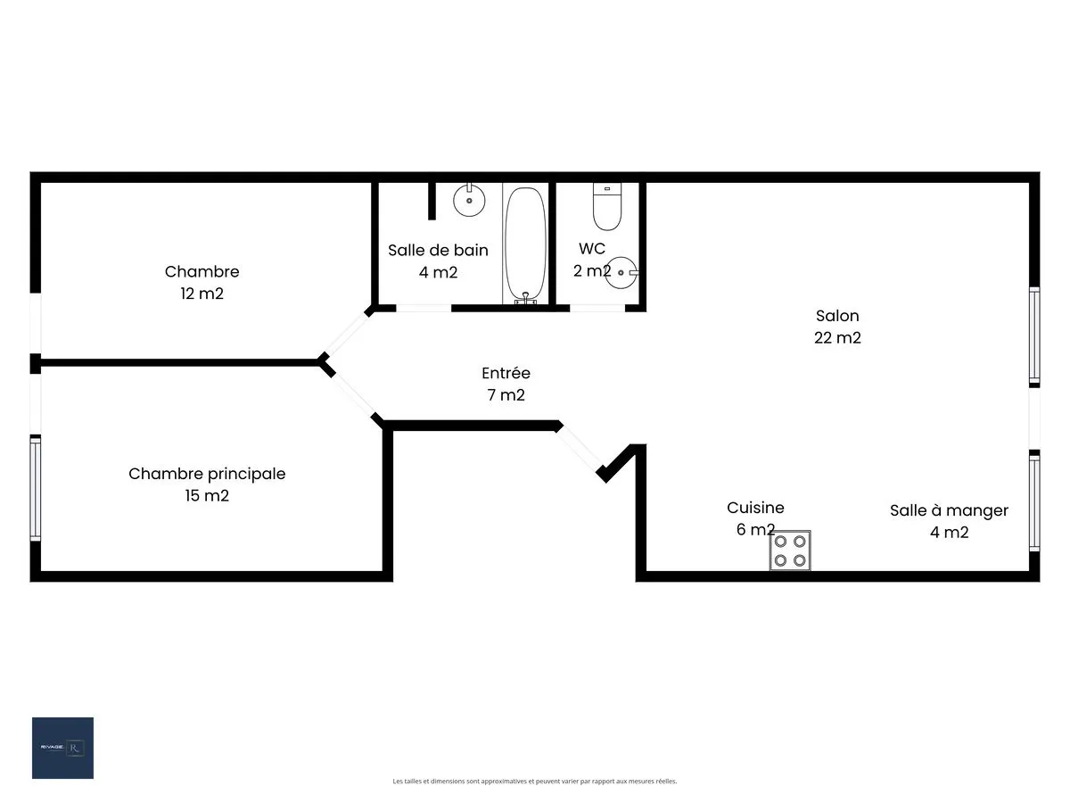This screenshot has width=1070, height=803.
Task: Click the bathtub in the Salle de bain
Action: click(x=526, y=244)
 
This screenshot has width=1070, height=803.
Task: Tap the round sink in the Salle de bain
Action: click(x=468, y=200)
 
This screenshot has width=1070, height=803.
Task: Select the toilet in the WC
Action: click(x=607, y=207)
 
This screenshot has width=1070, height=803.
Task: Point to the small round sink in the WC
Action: click(x=622, y=272)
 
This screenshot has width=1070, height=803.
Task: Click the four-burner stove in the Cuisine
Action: click(x=791, y=550)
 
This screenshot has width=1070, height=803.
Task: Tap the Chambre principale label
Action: click(x=207, y=474)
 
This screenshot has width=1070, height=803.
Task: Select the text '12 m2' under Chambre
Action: click(x=202, y=294)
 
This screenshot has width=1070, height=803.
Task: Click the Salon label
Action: click(x=837, y=316)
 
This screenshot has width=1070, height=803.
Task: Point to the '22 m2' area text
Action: click(x=837, y=338)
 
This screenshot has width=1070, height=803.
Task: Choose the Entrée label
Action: click(x=506, y=373)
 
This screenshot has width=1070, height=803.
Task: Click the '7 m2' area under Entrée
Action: click(x=506, y=395)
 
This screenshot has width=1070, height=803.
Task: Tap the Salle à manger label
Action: click(x=949, y=510)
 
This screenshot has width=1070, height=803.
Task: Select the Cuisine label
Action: click(x=755, y=508)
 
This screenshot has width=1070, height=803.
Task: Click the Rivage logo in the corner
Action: click(x=62, y=748)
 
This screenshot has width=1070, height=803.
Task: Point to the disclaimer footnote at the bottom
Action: click(x=535, y=782)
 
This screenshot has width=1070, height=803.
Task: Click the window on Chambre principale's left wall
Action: click(x=36, y=488)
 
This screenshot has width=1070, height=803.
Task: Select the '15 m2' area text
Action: click(x=207, y=496)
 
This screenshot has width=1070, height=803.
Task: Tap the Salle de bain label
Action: click(x=438, y=250)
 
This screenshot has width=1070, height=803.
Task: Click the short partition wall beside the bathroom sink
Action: click(x=432, y=201)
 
